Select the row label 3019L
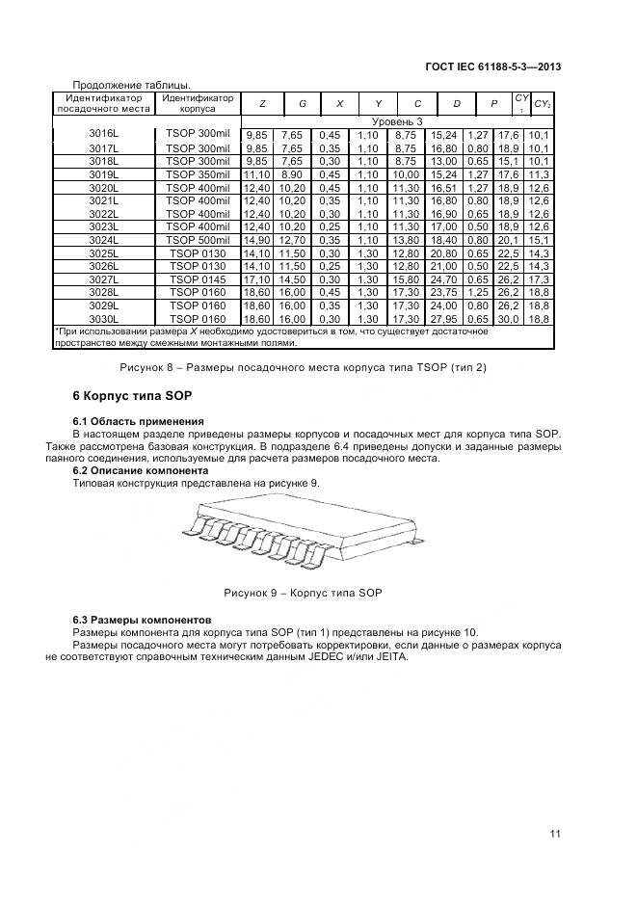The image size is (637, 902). [x=103, y=174]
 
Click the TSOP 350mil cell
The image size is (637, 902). [x=198, y=174]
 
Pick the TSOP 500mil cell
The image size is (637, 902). [x=198, y=239]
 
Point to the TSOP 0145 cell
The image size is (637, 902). [x=198, y=279]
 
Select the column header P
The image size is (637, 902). [x=493, y=103]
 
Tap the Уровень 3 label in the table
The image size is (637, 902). [x=397, y=121]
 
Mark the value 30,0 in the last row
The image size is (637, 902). [x=508, y=318]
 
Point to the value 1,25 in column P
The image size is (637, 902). [x=477, y=292]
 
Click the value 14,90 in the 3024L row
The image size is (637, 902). [x=257, y=240]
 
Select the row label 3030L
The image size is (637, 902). [x=103, y=318]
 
